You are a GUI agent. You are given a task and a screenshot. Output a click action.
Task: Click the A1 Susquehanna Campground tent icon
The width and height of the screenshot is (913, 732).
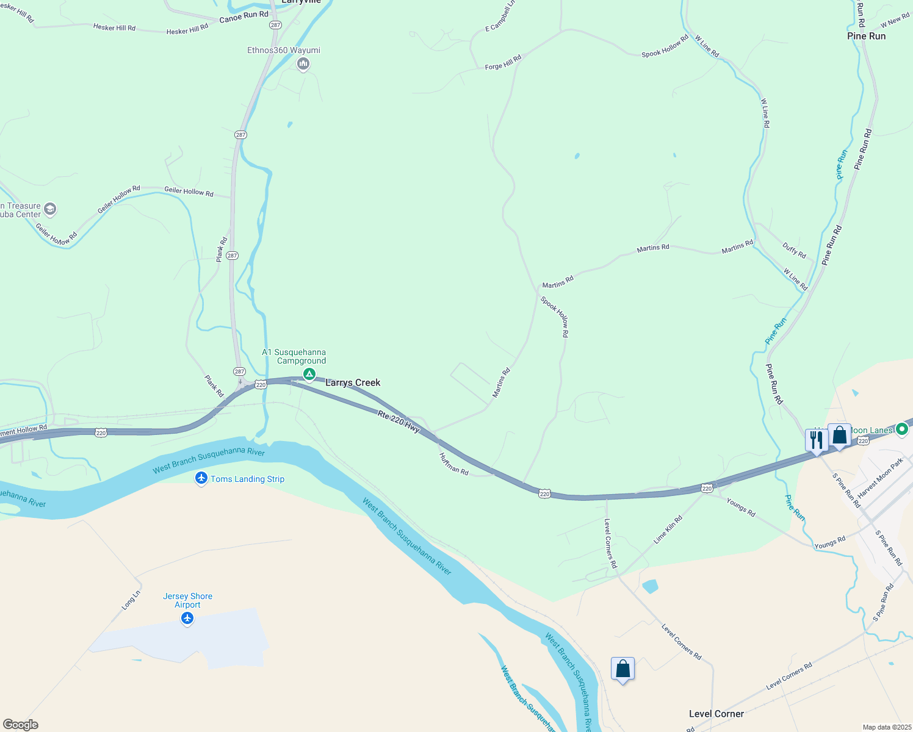[309, 373]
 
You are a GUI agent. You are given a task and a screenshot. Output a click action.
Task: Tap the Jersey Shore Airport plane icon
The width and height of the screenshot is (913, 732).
[187, 619]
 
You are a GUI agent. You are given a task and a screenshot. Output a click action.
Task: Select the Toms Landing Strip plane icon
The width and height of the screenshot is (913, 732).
[201, 478]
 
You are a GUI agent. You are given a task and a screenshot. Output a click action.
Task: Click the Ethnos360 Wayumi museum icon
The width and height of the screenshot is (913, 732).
[303, 63]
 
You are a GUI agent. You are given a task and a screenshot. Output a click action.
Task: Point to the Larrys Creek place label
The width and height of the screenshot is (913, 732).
[353, 382]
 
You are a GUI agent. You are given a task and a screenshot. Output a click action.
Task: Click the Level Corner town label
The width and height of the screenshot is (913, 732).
[716, 714]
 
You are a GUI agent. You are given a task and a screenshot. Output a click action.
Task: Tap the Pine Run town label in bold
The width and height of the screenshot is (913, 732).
[866, 36]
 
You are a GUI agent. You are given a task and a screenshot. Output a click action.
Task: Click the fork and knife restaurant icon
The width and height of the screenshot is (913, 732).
[816, 440]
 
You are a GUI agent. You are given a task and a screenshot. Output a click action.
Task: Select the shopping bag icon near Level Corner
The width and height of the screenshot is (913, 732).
[622, 669]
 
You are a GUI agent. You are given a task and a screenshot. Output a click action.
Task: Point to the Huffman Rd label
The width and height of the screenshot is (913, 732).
[453, 464]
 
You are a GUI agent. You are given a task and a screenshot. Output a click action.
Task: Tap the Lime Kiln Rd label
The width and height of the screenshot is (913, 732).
[668, 529]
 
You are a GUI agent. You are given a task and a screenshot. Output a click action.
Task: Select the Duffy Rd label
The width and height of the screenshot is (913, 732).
[794, 250]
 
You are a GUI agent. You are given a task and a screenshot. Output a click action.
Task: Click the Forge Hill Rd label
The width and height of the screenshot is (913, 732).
[503, 62]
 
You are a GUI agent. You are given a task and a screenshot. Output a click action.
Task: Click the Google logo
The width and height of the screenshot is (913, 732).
[21, 725]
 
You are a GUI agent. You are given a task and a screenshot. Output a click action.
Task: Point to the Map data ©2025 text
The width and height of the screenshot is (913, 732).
[886, 727]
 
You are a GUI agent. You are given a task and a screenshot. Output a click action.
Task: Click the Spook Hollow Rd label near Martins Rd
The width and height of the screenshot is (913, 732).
[555, 317]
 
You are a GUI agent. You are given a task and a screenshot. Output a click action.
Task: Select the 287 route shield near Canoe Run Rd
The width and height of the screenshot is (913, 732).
[275, 25]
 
